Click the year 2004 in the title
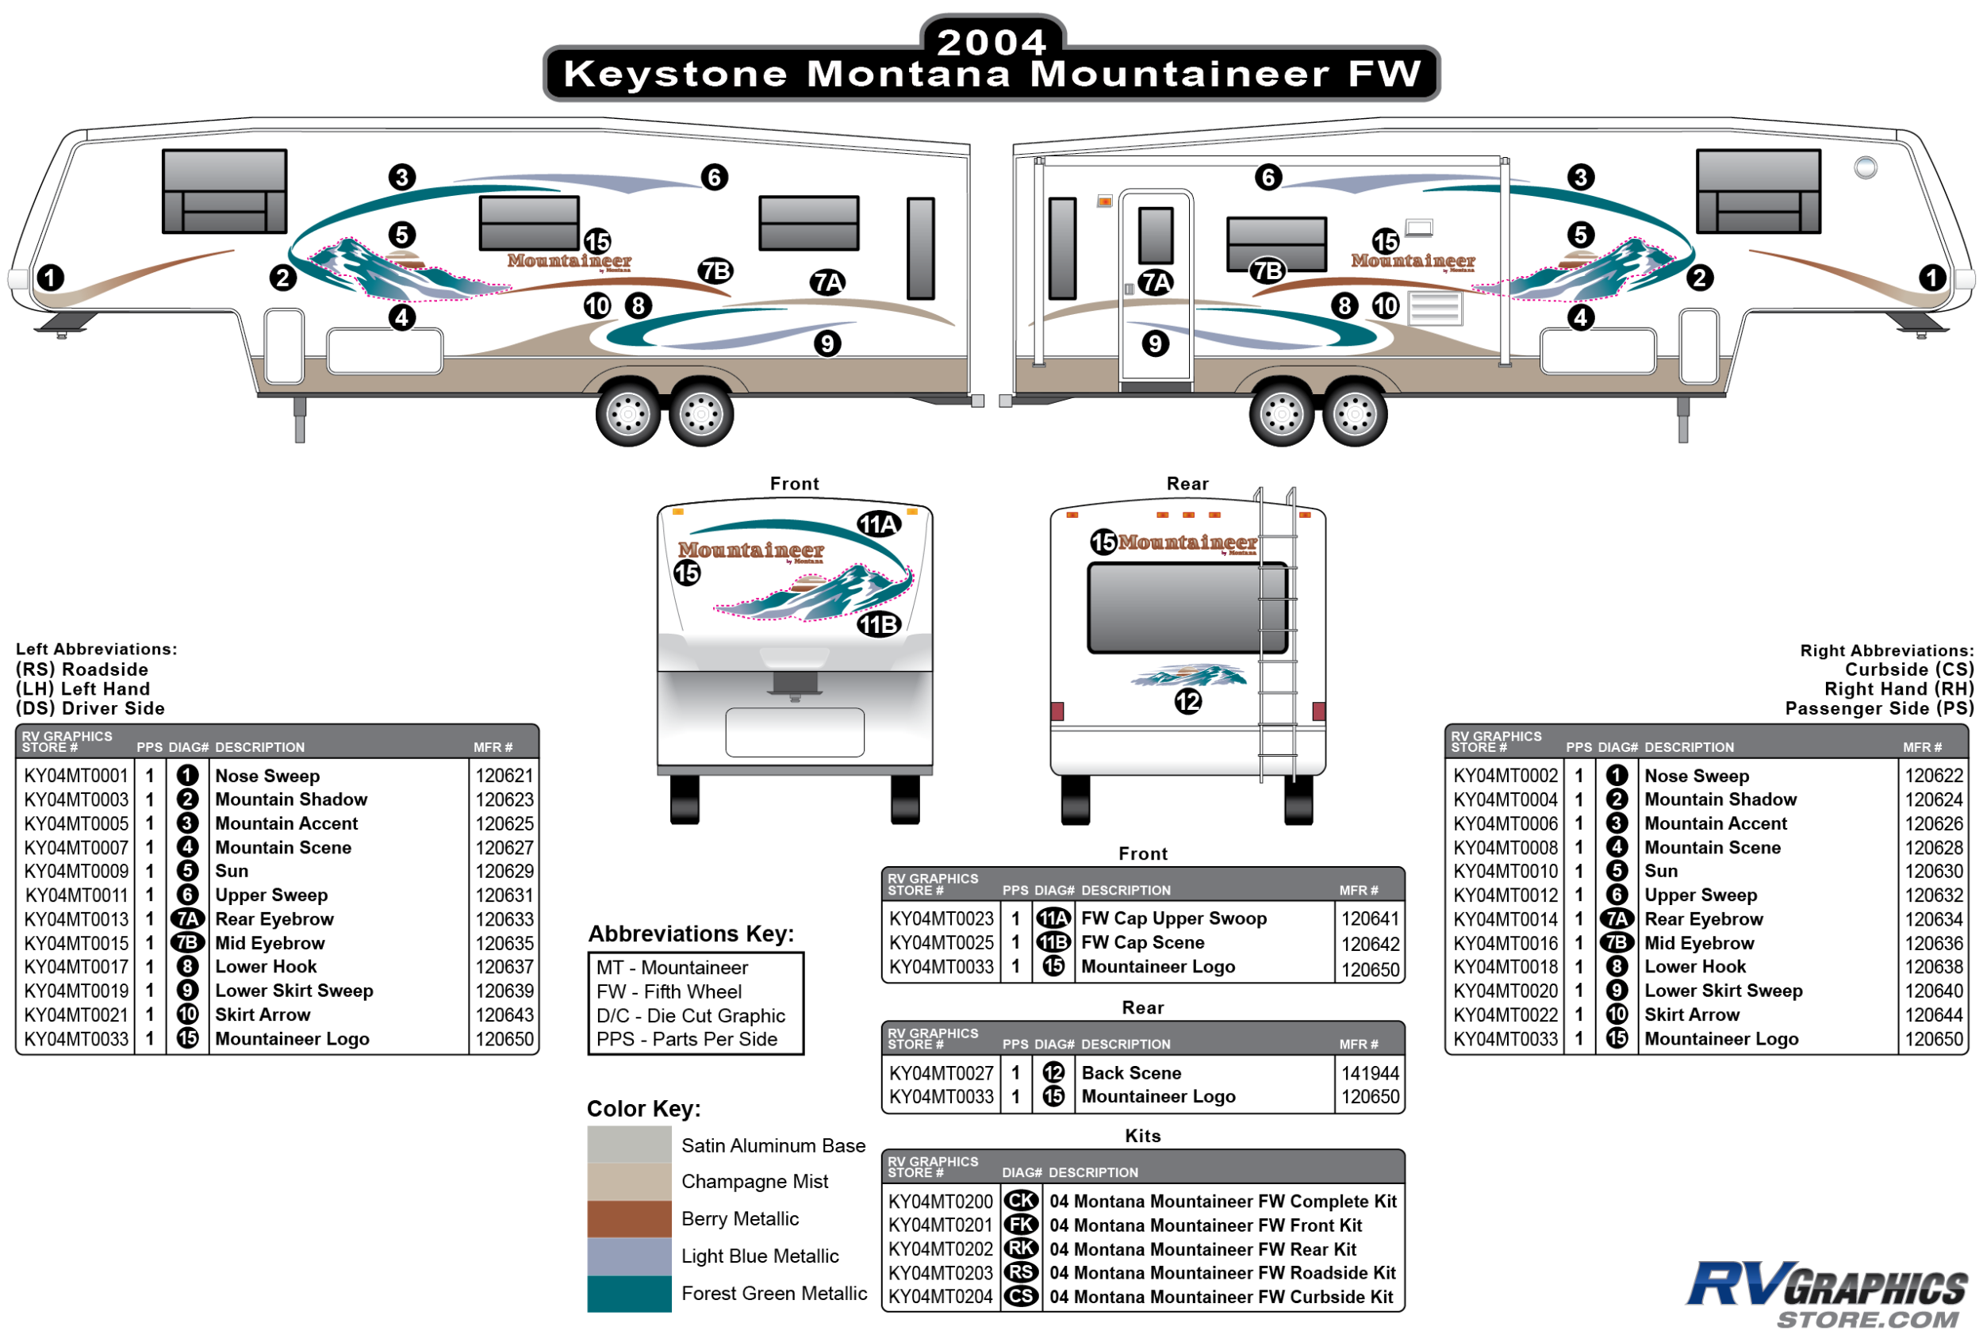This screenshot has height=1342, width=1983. coord(991,42)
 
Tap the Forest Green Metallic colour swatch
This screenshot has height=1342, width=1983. coord(629,1293)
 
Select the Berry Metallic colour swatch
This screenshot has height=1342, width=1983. coord(629,1218)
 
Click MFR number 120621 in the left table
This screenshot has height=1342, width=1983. coord(504,776)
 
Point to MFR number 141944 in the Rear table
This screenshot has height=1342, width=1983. coord(1371,1072)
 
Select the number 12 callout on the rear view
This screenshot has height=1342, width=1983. coord(1187,701)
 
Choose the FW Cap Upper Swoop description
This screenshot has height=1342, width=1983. coord(1173,918)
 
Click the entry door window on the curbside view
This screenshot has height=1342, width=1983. coord(1156,235)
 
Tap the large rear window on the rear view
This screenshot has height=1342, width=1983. coord(1187,608)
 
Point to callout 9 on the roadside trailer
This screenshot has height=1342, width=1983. coord(827,343)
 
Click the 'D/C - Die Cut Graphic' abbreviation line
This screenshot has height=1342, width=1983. coord(690,1015)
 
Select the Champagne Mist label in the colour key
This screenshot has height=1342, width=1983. coord(754,1181)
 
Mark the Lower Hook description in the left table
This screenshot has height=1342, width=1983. coord(266,967)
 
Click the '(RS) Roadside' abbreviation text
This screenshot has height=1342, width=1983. coord(82,669)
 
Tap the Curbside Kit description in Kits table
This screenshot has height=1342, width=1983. coord(1220,1297)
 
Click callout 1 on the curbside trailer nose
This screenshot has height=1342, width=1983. coord(1933,278)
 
